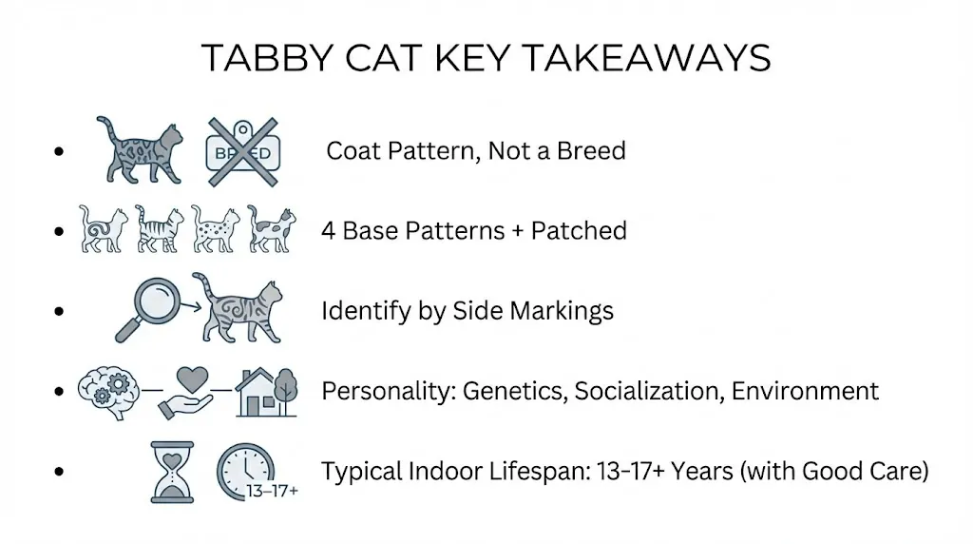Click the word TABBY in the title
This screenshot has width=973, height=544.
click(264, 58)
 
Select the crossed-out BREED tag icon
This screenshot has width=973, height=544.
click(241, 151)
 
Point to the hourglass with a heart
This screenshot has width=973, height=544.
click(172, 471)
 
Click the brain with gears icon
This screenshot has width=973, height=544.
click(107, 390)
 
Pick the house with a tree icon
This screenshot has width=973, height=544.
click(266, 390)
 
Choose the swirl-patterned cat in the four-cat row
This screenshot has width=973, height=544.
click(102, 229)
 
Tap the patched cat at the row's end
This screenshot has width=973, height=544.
click(272, 229)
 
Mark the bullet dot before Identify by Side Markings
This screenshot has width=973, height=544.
click(60, 311)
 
